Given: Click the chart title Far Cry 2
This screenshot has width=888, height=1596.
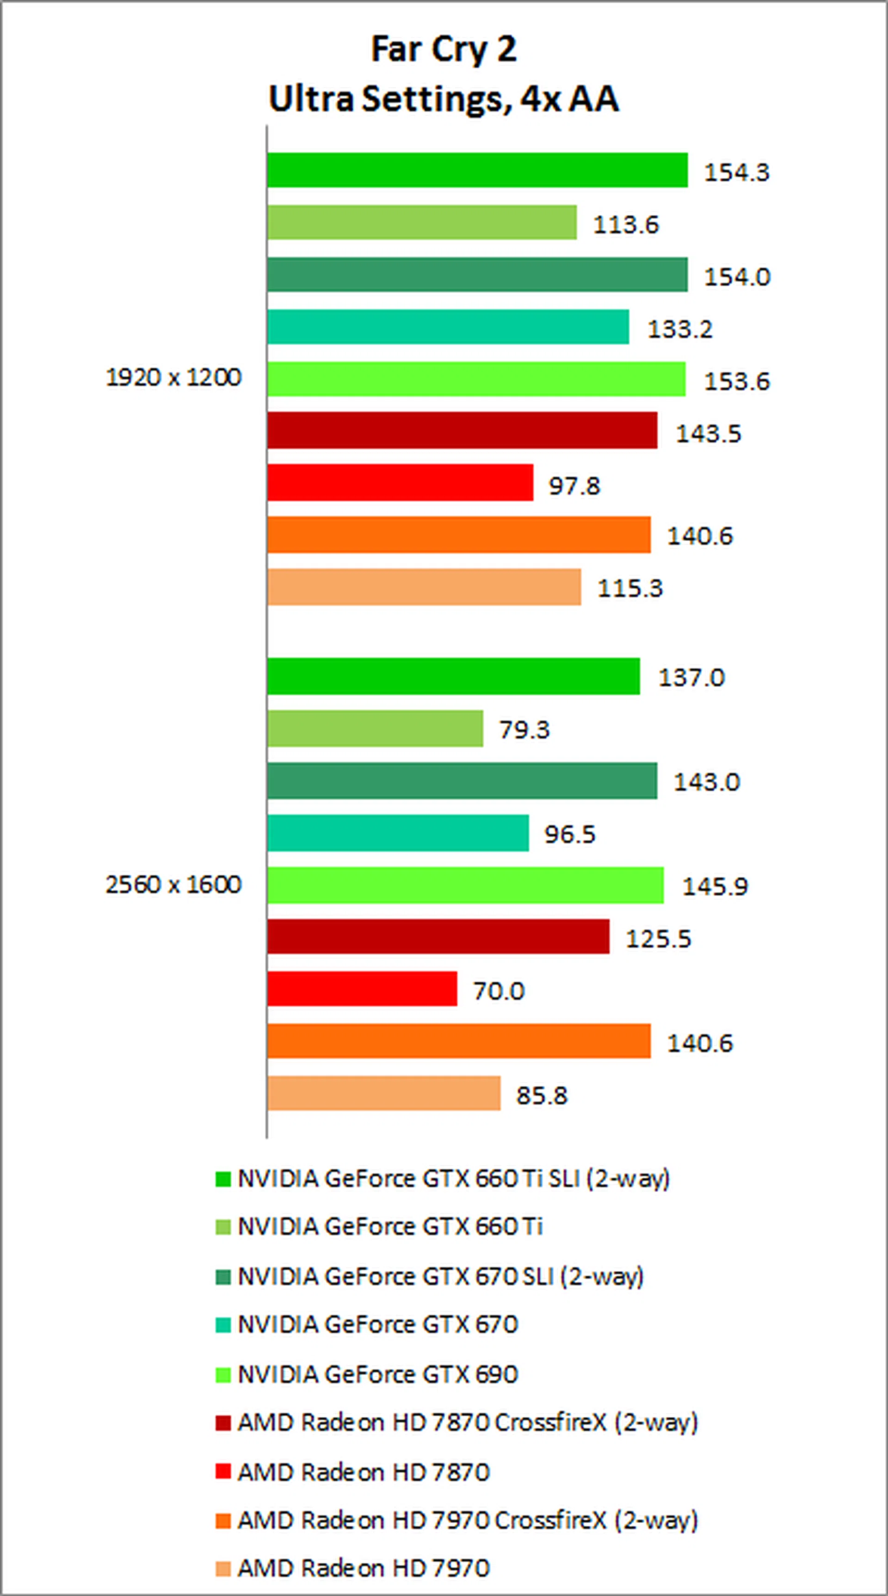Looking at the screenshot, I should (x=444, y=50).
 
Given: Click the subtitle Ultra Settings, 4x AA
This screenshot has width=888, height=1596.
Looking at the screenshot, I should (x=444, y=99).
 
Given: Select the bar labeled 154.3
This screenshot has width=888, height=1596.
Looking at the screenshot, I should (x=477, y=170).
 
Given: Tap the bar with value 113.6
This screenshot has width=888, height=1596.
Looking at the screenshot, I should (x=422, y=223).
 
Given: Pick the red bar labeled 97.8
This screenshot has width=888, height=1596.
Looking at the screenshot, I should (x=400, y=483).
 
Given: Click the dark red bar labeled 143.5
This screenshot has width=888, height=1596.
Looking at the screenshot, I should (x=462, y=430).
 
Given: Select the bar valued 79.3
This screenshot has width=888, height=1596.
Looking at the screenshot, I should (x=375, y=729).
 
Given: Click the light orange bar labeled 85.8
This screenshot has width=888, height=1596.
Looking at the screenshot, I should (x=383, y=1093).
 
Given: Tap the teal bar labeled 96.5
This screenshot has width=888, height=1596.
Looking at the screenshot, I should (x=398, y=833).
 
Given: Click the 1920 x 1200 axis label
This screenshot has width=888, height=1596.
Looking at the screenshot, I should (x=173, y=377).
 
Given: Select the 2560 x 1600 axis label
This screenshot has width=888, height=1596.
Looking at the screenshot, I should (x=173, y=884).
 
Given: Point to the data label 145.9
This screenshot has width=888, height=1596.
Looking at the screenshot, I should (x=715, y=886).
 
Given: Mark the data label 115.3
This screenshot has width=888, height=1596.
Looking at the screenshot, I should (x=629, y=587).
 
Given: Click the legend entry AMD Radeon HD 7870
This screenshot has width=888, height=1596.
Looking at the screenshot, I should (x=364, y=1471).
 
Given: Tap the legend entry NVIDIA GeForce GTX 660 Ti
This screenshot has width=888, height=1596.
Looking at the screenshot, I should (x=390, y=1227).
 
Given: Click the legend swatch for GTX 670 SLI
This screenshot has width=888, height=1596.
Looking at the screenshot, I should (x=223, y=1276).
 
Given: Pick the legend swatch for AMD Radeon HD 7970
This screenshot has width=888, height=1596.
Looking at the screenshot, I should (x=223, y=1569).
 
